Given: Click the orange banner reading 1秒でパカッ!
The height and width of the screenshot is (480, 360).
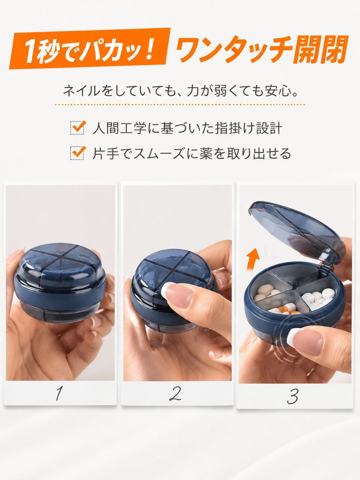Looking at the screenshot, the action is [90, 48].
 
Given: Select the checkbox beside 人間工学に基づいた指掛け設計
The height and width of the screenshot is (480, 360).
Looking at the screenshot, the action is [77, 128].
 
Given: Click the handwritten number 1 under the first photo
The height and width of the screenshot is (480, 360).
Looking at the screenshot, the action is [59, 393].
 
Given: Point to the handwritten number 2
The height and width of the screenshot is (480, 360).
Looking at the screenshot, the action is [175, 393].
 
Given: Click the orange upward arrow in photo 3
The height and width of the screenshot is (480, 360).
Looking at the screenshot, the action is [253, 260].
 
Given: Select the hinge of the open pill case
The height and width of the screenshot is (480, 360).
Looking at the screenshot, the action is [326, 268].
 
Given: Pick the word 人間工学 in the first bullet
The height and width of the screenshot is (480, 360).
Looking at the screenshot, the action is [119, 128].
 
